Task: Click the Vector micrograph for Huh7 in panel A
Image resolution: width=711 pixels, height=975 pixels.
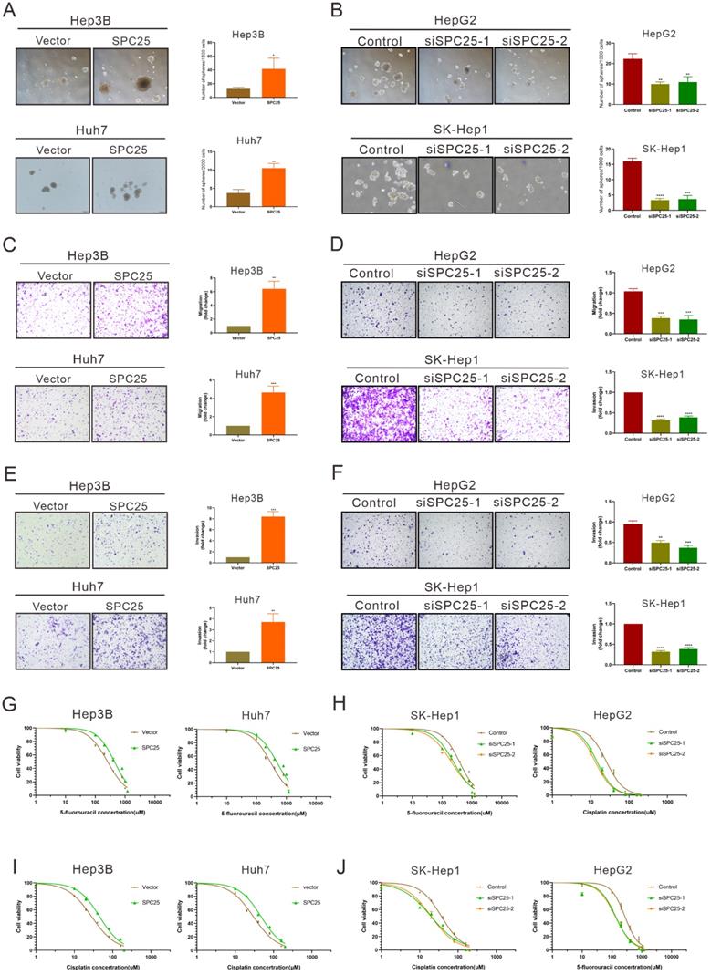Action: coord(52,190)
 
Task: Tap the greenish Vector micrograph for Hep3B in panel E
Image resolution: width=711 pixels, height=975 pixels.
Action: coord(52,553)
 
